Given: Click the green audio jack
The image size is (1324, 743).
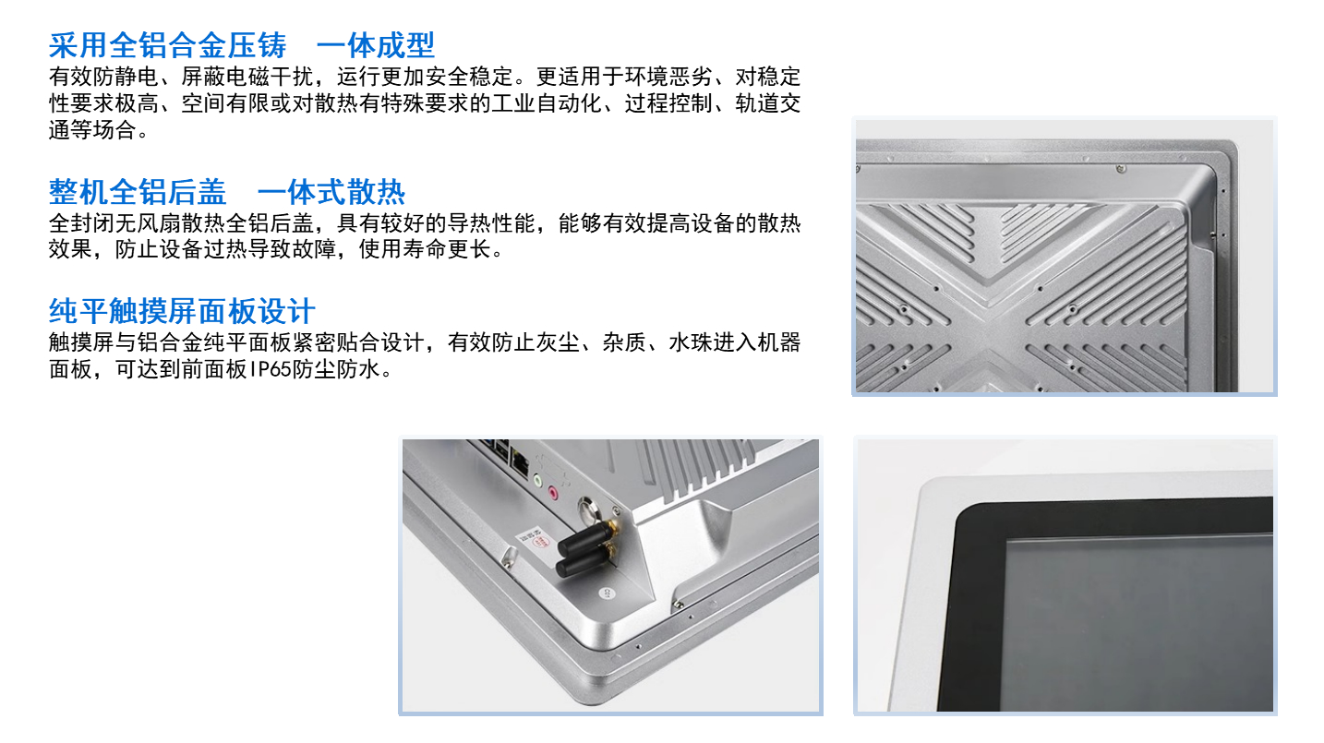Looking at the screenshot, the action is [x=537, y=480].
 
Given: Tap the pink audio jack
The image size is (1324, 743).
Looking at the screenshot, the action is [x=553, y=491].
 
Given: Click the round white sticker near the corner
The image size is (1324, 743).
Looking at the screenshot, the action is [x=606, y=593].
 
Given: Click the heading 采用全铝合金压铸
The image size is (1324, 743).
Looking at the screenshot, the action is [x=168, y=45].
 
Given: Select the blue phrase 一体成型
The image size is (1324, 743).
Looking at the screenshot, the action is [x=376, y=45].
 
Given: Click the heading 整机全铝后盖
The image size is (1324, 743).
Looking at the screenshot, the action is [x=138, y=192].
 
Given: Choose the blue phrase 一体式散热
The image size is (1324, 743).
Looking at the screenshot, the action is [x=331, y=192].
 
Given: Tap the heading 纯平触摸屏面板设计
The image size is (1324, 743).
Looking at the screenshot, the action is [x=182, y=311].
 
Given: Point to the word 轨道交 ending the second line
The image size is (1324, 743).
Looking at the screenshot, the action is [x=768, y=103].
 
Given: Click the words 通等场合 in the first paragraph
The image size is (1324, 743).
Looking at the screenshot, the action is [x=92, y=130].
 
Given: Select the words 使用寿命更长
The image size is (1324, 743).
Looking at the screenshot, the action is [x=425, y=249].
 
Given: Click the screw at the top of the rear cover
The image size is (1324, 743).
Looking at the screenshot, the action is [x=1121, y=169].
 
